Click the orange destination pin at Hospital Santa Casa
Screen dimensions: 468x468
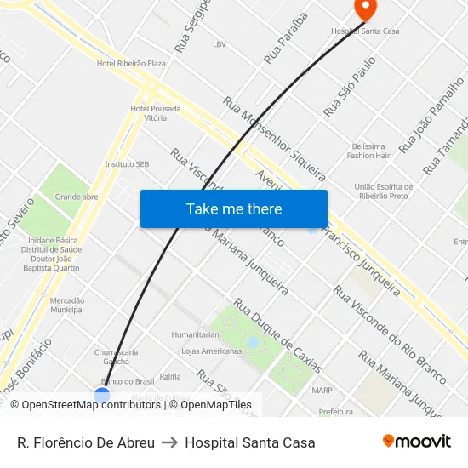click(x=365, y=9)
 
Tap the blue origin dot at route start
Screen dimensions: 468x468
click(x=102, y=396)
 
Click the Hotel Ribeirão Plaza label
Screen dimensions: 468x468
click(x=131, y=63)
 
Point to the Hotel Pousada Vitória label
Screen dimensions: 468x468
click(x=155, y=113)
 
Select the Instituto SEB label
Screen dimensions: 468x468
click(x=127, y=163)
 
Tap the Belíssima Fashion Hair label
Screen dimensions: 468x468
click(x=368, y=151)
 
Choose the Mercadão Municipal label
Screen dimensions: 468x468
click(x=67, y=305)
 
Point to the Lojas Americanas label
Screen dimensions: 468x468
click(x=212, y=351)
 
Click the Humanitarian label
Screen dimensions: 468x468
click(x=196, y=334)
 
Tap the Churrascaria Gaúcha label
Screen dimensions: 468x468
click(x=117, y=356)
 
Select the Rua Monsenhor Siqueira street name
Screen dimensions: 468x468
click(x=274, y=139)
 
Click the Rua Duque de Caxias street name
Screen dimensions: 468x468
click(x=278, y=335)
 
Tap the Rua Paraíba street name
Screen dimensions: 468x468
click(x=285, y=38)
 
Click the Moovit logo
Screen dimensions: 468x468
click(x=417, y=442)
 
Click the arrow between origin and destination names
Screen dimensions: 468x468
click(x=169, y=442)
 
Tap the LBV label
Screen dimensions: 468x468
click(x=220, y=43)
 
